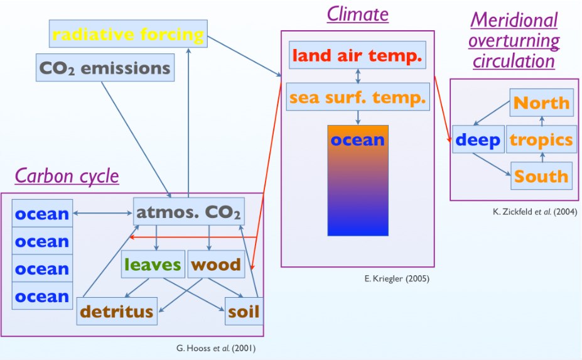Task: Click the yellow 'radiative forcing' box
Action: point(128,34)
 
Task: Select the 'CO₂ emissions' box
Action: point(105,68)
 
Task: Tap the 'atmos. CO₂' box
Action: point(189,211)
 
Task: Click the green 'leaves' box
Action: point(153,264)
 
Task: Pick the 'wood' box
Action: point(217,264)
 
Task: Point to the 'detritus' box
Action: point(117,312)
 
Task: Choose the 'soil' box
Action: point(244,312)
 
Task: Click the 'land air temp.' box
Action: point(357,55)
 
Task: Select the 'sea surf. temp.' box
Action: point(358,97)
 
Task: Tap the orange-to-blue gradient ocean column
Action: point(358,180)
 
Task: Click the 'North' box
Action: point(542,102)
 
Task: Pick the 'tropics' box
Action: point(542,139)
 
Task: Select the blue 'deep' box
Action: point(478,139)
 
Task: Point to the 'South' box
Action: point(542,176)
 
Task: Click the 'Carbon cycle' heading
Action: point(67,176)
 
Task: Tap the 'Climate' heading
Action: point(358,14)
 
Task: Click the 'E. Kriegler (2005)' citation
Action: point(397,278)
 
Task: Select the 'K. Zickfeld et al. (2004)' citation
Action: point(535,212)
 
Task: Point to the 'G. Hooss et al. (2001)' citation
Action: point(216,348)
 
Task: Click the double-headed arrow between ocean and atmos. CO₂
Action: point(103,213)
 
